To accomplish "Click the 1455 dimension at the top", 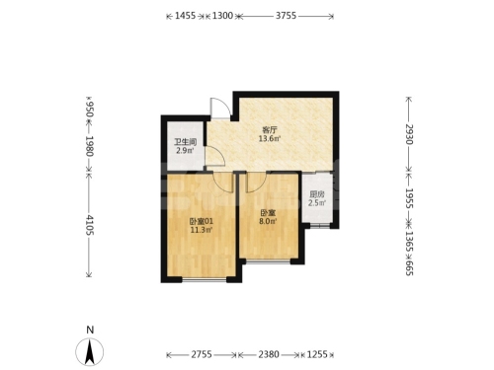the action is point(185,16).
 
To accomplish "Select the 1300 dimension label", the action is point(222,16).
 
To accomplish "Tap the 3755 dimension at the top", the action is point(286,16).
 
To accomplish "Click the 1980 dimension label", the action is point(90,146).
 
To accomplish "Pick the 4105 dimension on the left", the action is point(90,225).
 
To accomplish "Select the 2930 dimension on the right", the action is point(409,134).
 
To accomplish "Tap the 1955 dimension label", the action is point(409,198).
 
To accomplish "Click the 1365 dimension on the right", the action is point(409,242).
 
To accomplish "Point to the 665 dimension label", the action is point(409,267).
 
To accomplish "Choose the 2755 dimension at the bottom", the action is point(202,354).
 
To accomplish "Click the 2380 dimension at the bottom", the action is point(269,354).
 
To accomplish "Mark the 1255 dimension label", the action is point(317,354).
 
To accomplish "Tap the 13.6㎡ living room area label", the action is point(270,138).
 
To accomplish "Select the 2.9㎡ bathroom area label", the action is point(185,151).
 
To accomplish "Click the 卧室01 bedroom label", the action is point(201,221).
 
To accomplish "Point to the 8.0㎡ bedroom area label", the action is point(268,221).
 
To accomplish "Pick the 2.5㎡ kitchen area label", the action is point(317,202).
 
